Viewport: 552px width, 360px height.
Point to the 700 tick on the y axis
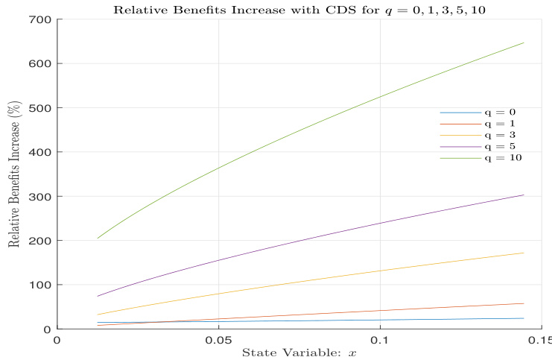coord(39,19)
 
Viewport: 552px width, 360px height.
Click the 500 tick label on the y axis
coord(39,107)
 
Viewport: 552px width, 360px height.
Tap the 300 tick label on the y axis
coord(39,196)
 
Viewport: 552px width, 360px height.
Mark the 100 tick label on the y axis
coord(39,285)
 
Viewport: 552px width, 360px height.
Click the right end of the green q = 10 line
coord(524,42)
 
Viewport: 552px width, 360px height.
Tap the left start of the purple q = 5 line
coord(98,296)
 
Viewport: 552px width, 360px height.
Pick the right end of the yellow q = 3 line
coord(524,253)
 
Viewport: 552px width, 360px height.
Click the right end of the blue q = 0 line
coord(524,318)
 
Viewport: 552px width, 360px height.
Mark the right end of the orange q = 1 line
coord(524,303)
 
